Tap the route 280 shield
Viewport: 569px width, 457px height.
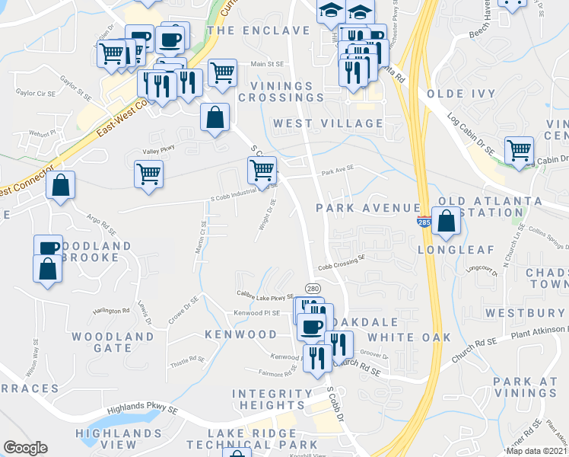pos(313,289)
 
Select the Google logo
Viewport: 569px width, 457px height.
pos(25,448)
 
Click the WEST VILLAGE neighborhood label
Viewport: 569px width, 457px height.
pos(328,123)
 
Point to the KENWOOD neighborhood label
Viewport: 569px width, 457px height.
pos(240,335)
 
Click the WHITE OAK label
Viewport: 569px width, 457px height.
pos(409,337)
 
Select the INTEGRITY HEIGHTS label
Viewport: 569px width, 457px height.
pos(272,399)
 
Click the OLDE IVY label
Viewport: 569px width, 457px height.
pos(461,94)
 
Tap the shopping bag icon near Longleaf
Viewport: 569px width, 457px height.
pos(447,221)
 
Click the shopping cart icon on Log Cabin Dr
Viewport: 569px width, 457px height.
pos(519,149)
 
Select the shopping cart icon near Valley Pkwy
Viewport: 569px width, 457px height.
pos(148,173)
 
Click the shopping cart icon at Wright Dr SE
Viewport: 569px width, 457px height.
pos(262,170)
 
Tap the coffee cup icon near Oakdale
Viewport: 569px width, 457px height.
pos(310,328)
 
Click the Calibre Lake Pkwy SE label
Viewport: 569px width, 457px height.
pos(264,297)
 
